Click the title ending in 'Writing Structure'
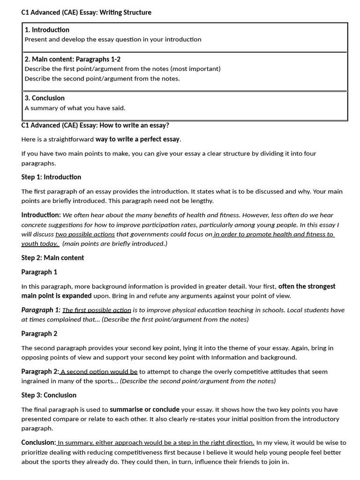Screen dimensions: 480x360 pyautogui.click(x=86, y=13)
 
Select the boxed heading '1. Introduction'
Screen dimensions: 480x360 pyautogui.click(x=47, y=30)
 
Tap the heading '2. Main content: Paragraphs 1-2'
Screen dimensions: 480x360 pyautogui.click(x=73, y=60)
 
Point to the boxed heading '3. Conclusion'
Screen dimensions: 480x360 pyautogui.click(x=45, y=98)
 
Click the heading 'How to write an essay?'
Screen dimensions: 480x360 pyautogui.click(x=95, y=125)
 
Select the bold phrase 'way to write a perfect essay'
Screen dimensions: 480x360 pyautogui.click(x=138, y=139)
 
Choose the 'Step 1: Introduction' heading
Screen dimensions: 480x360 pyautogui.click(x=51, y=177)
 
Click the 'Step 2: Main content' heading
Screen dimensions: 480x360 pyautogui.click(x=52, y=258)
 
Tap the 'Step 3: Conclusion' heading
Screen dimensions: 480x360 pyautogui.click(x=49, y=395)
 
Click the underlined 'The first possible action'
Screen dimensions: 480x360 pyautogui.click(x=97, y=310)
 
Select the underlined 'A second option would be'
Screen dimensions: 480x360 pyautogui.click(x=99, y=372)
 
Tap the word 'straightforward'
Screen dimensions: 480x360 pyautogui.click(x=70, y=140)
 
